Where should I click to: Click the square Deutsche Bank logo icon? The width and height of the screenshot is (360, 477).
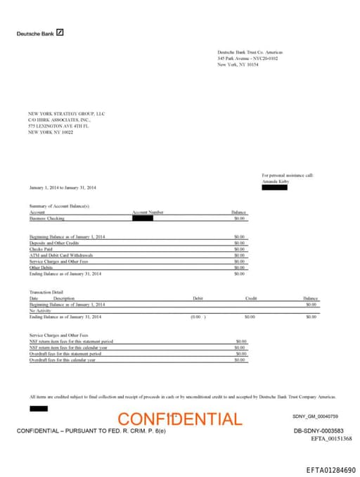click(x=60, y=32)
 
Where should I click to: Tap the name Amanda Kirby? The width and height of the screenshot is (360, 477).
click(x=275, y=181)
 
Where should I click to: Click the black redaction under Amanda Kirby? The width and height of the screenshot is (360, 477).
click(x=274, y=187)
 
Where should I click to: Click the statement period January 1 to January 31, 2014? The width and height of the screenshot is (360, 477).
click(x=63, y=188)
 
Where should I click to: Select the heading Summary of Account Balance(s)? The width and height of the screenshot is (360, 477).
click(x=60, y=205)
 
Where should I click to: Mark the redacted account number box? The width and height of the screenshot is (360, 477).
click(x=143, y=218)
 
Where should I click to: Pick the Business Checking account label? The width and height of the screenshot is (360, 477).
click(x=47, y=218)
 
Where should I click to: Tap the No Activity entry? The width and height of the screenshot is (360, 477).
click(x=41, y=310)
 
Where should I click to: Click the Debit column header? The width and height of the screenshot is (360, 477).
click(x=198, y=298)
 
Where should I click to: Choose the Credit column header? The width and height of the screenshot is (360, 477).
click(x=251, y=298)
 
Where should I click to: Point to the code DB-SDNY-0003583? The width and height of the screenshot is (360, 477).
click(x=318, y=430)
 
